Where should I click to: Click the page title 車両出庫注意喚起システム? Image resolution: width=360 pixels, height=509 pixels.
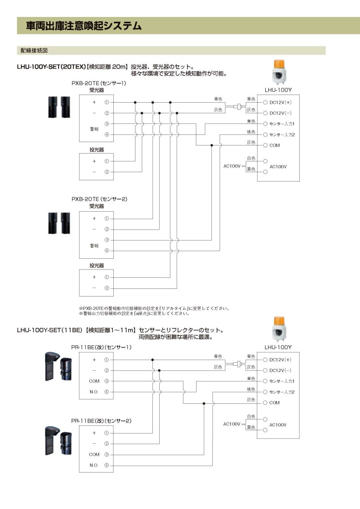coord(84,26)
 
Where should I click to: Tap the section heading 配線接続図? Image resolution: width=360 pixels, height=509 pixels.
coord(34,50)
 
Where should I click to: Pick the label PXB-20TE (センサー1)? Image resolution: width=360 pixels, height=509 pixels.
coord(99,84)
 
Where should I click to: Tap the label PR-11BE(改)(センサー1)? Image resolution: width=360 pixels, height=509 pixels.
coord(101,347)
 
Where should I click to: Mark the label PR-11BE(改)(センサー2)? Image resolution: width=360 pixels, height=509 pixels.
coord(101,421)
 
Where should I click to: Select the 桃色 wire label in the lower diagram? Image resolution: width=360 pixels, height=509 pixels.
coord(251,389)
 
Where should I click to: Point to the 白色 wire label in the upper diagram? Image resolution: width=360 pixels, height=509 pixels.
coord(251,158)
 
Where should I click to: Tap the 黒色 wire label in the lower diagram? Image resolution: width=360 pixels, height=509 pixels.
coord(251,427)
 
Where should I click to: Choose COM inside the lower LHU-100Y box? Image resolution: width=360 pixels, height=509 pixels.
coord(274,403)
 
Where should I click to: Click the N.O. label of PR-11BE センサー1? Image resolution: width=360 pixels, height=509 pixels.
coord(94,392)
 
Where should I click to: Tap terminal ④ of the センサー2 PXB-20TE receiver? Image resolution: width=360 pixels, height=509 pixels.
coord(107,251)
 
